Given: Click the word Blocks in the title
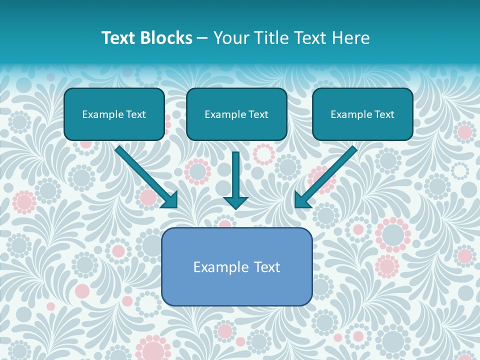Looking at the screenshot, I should pos(167,38).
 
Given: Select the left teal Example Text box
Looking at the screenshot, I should pos(114,114).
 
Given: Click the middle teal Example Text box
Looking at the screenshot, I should pos(236,114).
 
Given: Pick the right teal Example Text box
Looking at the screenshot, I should pos(362,114).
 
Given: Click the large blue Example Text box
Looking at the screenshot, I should pos(236,266).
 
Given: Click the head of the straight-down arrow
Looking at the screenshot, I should pos(235,201).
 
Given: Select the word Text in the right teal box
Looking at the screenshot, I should pos(383,114).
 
